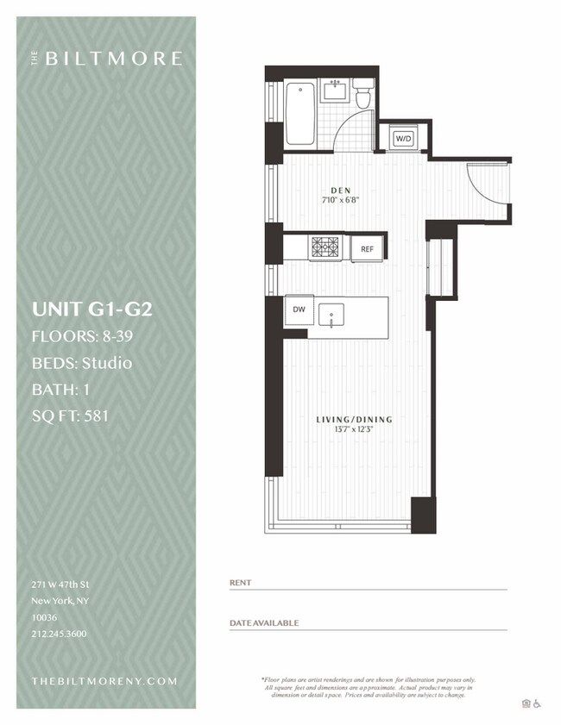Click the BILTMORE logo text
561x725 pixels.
point(112,59)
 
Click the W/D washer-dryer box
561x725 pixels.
point(403,139)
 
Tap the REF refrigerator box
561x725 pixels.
point(367,249)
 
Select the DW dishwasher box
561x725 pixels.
point(299,309)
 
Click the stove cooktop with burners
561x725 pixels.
point(325,247)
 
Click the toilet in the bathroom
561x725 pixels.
point(364,95)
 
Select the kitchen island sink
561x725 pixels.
point(331,314)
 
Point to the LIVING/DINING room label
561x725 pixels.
point(354,420)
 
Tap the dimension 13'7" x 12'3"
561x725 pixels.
point(354,430)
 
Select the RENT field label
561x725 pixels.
point(240,583)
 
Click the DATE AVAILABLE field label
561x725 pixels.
point(264,622)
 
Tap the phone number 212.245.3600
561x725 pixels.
point(58,634)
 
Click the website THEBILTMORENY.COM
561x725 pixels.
point(104,681)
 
